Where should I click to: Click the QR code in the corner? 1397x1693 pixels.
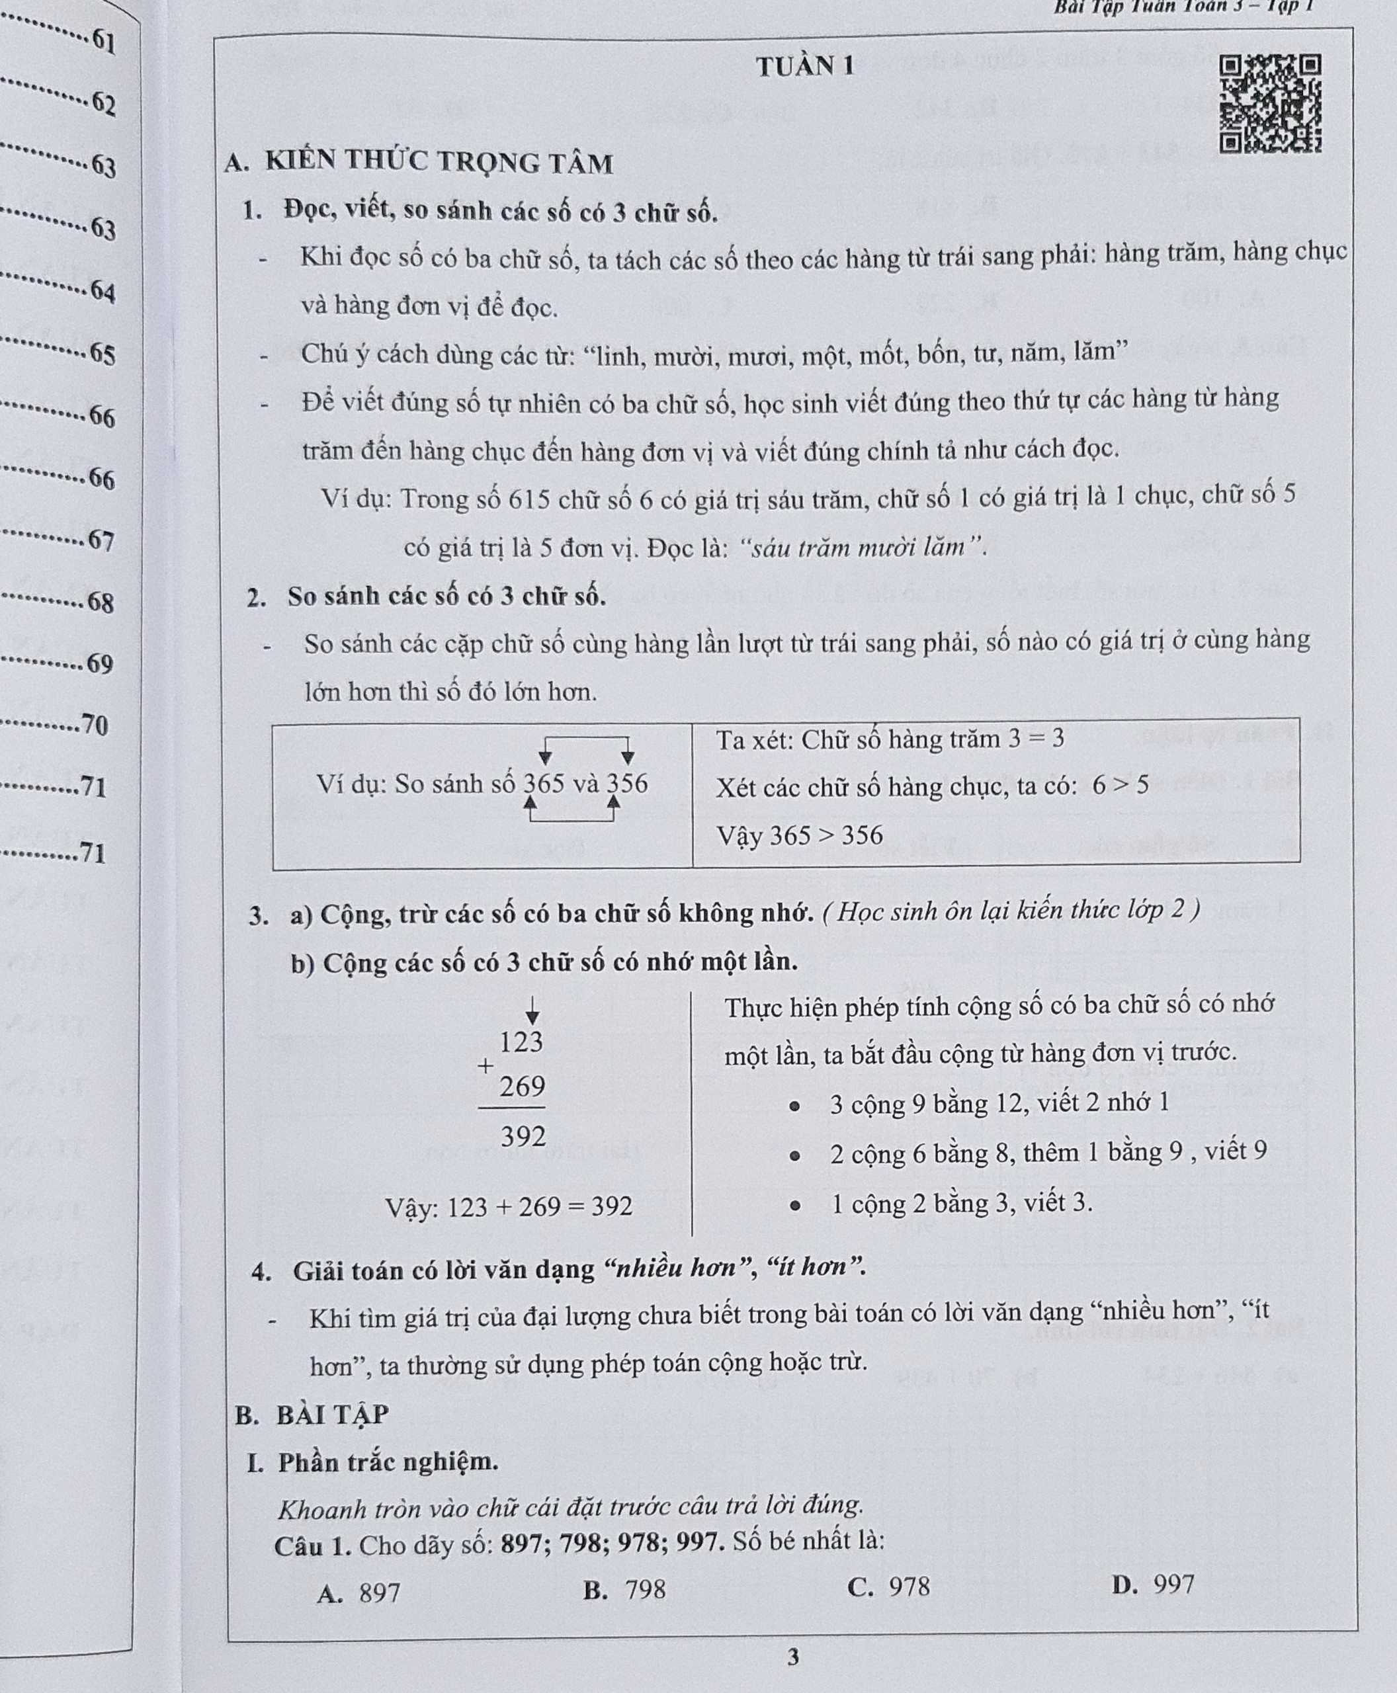click(1270, 103)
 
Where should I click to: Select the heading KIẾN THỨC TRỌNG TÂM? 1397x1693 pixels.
click(439, 163)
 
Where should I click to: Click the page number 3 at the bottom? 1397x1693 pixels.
click(792, 1657)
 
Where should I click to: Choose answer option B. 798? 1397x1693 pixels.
click(625, 1590)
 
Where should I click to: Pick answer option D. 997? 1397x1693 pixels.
click(1153, 1585)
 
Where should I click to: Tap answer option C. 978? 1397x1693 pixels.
click(889, 1587)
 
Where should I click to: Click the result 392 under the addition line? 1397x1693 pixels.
click(523, 1136)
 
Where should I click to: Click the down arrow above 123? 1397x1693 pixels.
click(532, 1011)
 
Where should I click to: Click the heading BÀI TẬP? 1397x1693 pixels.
click(331, 1414)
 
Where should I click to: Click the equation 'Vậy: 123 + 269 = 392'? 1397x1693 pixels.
click(509, 1207)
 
